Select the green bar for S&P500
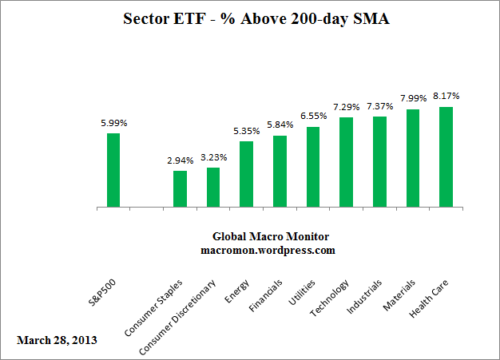tap(113, 170)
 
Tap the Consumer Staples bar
tap(180, 189)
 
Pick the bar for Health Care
tap(446, 157)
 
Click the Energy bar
tap(246, 175)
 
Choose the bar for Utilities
tap(313, 167)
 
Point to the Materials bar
tap(413, 158)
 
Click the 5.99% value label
tap(113, 124)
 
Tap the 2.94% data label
tap(180, 161)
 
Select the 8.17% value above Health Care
tap(446, 97)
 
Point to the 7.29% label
tap(346, 107)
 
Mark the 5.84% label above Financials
tap(280, 126)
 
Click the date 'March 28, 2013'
tap(57, 340)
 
